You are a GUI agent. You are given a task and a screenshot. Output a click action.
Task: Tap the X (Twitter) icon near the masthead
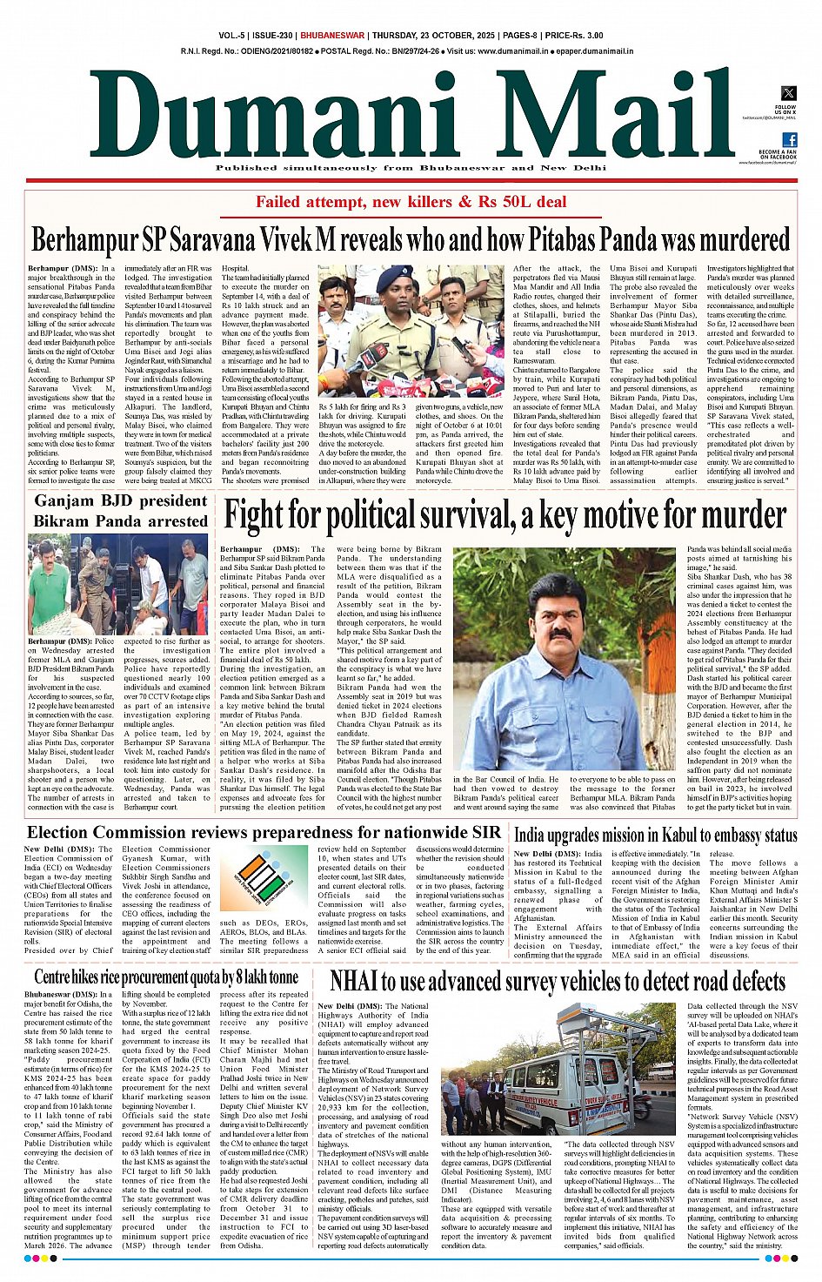tap(788, 93)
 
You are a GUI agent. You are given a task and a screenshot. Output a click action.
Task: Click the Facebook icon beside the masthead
tap(789, 140)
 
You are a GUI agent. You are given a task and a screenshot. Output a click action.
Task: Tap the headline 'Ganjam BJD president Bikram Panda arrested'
tap(121, 511)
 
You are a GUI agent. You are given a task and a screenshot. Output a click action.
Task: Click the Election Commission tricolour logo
tap(263, 878)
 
